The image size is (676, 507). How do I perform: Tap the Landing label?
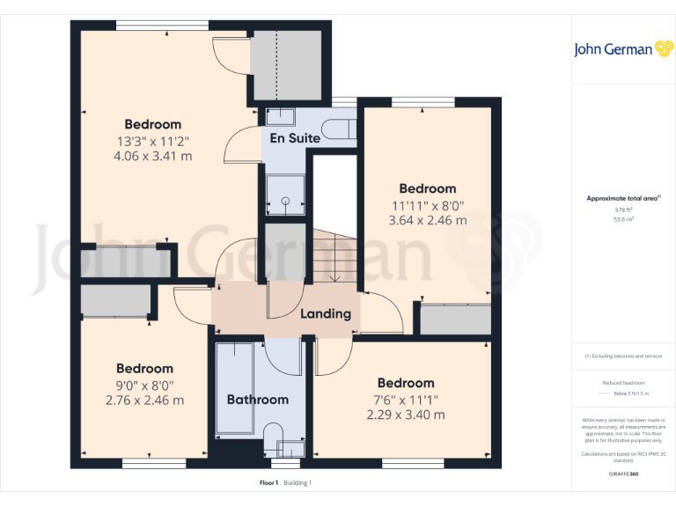[x=326, y=313]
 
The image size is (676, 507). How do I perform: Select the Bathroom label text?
[x=258, y=400]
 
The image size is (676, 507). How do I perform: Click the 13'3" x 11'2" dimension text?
[x=152, y=141]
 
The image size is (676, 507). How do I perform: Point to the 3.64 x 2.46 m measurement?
[x=428, y=220]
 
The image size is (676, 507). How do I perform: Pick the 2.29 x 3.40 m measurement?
[x=406, y=415]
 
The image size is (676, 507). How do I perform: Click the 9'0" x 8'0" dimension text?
[x=144, y=385]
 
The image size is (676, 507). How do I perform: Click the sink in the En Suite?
[x=281, y=116]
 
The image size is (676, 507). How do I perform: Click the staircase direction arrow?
[x=334, y=275]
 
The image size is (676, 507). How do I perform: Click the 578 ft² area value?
[x=623, y=209]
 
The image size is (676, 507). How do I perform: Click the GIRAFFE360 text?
[x=623, y=474]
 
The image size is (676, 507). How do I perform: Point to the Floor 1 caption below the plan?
[x=268, y=482]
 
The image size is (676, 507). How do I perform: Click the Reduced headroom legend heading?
[x=623, y=383]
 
